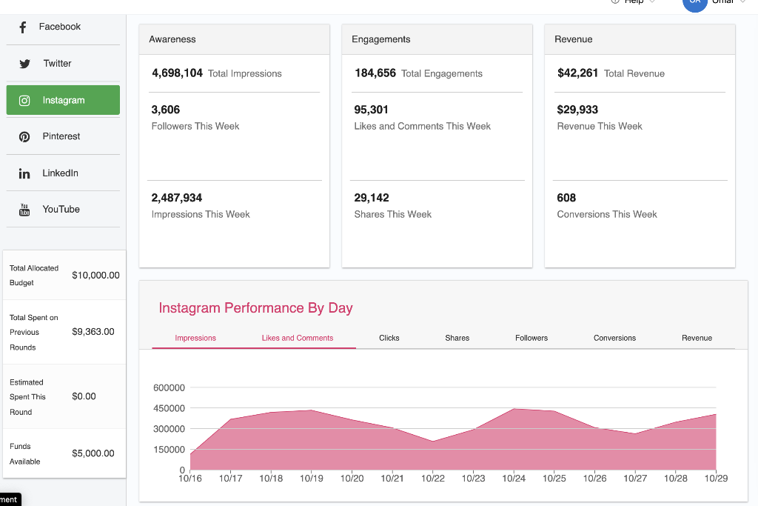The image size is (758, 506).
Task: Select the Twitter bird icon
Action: (24, 64)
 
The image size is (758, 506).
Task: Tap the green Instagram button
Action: (63, 100)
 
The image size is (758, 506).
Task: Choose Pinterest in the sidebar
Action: (61, 136)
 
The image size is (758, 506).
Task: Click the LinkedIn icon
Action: (24, 173)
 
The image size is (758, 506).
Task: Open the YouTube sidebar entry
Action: (61, 210)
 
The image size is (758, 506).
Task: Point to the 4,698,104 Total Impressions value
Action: (177, 73)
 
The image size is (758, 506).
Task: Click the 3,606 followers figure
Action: (166, 110)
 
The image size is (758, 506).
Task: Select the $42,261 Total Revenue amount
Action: (577, 73)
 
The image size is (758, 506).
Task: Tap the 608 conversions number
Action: (566, 198)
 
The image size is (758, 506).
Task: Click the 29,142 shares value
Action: (372, 198)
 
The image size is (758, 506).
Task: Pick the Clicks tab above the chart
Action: (389, 338)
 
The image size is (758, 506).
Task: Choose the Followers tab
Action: (531, 338)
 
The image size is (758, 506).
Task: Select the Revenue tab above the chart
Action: (697, 338)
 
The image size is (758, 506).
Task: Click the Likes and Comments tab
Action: (298, 338)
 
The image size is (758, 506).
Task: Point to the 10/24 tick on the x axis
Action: (514, 479)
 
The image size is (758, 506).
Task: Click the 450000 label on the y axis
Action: (170, 408)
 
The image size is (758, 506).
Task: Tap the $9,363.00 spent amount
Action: (93, 332)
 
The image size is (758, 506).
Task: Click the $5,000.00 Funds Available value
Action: (93, 453)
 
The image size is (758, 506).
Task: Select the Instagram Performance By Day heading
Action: (255, 308)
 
